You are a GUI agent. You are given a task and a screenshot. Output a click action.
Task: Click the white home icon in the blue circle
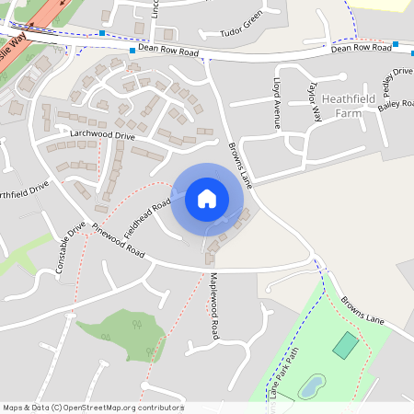coord(207,198)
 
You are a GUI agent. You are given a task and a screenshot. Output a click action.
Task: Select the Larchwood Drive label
coord(102,135)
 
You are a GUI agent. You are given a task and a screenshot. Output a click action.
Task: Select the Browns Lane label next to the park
coord(362,310)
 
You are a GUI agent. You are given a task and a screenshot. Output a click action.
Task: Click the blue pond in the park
coord(312,385)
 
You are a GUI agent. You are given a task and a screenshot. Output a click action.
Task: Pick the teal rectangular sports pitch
coord(346,345)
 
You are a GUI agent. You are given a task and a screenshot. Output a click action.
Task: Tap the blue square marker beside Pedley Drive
coord(396,44)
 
